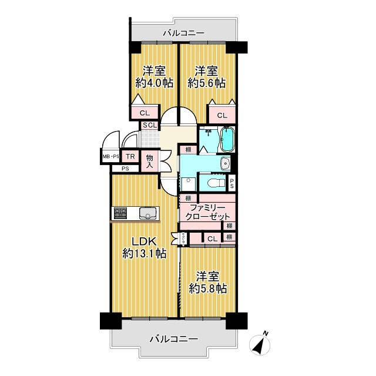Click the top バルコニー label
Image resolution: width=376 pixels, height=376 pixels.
pyautogui.click(x=184, y=33)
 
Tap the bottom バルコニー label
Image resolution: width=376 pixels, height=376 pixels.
pyautogui.click(x=173, y=339)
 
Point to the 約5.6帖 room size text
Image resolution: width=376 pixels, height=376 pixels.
pyautogui.click(x=207, y=83)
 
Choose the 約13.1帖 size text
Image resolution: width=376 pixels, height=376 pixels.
pyautogui.click(x=143, y=254)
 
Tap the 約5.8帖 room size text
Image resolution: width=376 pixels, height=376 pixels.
pyautogui.click(x=208, y=288)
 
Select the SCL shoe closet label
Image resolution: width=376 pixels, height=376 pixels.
pyautogui.click(x=149, y=125)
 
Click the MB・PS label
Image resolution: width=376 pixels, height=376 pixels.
pyautogui.click(x=111, y=157)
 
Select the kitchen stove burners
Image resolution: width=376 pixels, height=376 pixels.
pyautogui.click(x=121, y=213)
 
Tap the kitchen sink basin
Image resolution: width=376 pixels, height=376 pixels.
pyautogui.click(x=147, y=213)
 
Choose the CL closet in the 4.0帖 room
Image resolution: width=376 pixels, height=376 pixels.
pyautogui.click(x=145, y=113)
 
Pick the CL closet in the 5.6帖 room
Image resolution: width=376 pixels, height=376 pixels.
pyautogui.click(x=221, y=115)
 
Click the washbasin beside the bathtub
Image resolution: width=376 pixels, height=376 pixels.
pyautogui.click(x=223, y=163)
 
